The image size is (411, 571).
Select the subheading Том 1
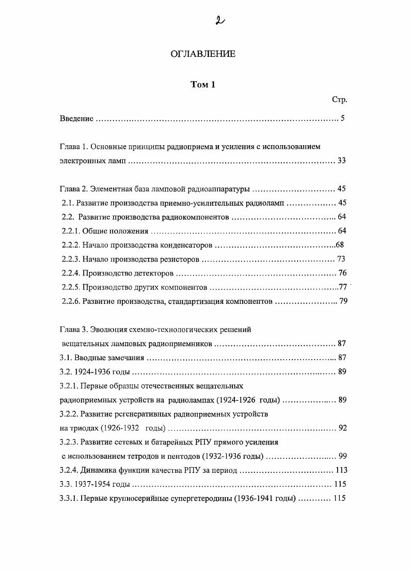click(x=203, y=85)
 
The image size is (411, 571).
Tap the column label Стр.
click(x=339, y=99)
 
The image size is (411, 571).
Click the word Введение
click(x=76, y=119)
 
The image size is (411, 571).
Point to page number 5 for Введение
click(x=342, y=119)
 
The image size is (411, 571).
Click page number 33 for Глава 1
click(x=341, y=161)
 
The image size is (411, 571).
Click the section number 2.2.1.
click(x=71, y=231)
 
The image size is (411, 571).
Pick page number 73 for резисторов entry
click(x=341, y=259)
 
